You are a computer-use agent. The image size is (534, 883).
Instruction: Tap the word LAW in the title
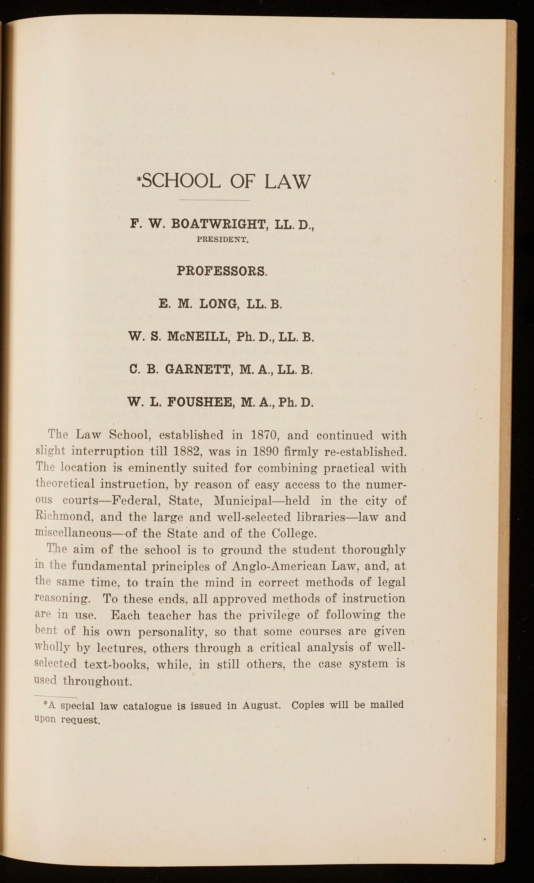tap(286, 181)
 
